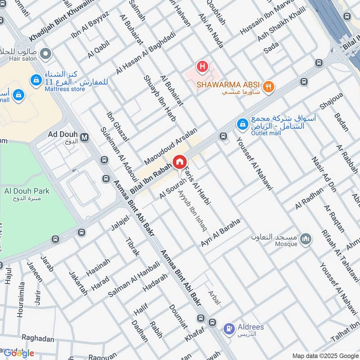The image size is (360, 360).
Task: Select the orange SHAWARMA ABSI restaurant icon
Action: [269, 86]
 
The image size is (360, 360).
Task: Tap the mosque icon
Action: [306, 239]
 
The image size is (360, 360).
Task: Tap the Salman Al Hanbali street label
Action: [134, 279]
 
